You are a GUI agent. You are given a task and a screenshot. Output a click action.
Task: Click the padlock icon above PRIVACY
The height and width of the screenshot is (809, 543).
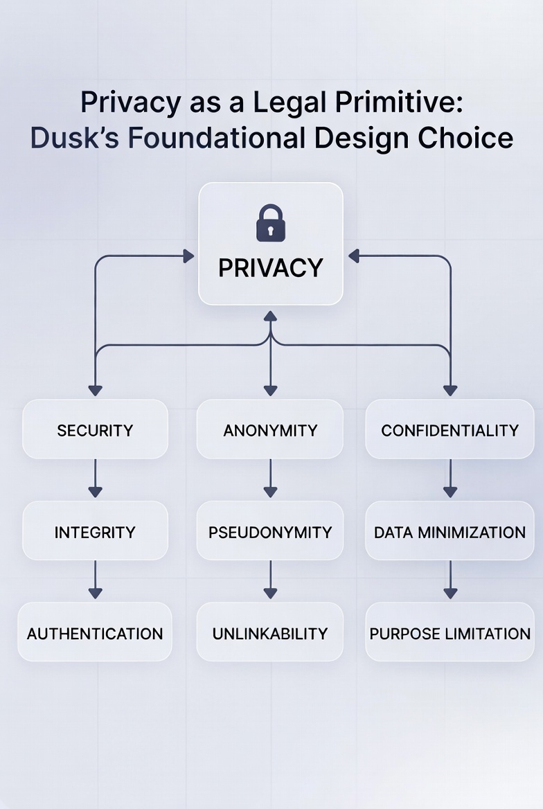tap(270, 223)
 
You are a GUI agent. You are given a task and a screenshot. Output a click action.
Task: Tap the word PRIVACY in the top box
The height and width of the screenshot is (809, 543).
tap(271, 268)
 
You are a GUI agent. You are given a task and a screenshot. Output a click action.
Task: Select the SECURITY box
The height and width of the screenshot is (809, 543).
tap(95, 430)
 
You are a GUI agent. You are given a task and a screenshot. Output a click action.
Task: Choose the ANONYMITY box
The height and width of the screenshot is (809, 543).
tap(270, 430)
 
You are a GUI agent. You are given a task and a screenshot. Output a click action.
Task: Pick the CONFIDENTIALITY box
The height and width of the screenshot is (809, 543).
tap(449, 430)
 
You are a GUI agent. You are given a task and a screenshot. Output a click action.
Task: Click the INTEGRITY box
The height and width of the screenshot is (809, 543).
tap(95, 532)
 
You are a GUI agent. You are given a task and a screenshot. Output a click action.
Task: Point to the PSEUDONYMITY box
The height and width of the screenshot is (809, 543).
tap(270, 532)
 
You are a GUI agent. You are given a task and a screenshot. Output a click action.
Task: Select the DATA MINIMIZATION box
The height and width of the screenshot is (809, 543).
tap(449, 532)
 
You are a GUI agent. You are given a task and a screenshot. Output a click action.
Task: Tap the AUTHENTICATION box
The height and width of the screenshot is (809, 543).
tap(95, 633)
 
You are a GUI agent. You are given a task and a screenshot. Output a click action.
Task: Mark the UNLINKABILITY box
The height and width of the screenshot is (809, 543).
tap(270, 633)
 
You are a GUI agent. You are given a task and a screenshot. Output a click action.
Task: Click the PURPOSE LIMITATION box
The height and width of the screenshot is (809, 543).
tap(449, 633)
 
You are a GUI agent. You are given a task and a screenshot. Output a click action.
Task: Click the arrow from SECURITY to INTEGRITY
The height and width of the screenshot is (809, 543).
tap(96, 479)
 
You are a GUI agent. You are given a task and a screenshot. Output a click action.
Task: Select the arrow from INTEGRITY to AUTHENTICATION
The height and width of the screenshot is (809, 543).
tap(96, 580)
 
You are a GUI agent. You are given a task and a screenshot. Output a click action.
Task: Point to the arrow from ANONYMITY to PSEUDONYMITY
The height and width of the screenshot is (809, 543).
tap(270, 479)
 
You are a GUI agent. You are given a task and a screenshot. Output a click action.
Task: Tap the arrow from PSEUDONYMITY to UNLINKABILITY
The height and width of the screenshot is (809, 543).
tap(270, 580)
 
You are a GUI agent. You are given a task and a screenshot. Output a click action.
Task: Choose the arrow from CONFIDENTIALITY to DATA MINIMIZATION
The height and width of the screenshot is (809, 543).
tap(450, 479)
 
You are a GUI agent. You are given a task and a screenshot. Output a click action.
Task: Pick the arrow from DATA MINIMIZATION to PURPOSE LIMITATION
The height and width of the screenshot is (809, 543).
tap(450, 580)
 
